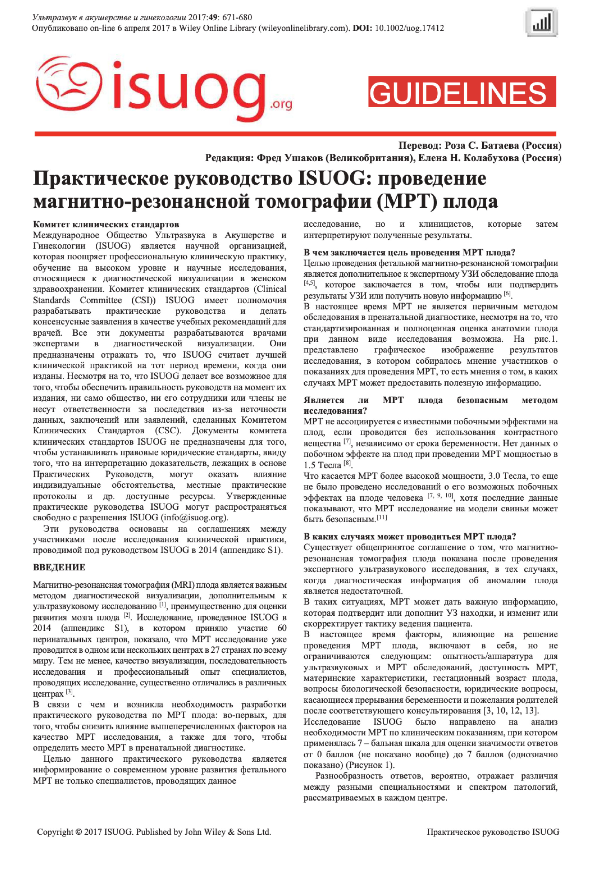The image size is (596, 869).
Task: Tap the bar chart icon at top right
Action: coord(541,22)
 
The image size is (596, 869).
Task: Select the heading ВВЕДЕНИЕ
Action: coord(59,567)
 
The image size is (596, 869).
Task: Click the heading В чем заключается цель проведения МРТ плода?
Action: coord(409,252)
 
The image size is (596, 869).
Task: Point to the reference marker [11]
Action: coord(382,518)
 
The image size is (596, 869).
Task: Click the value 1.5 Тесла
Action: coord(322,465)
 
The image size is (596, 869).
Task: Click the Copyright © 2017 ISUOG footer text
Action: coord(154,842)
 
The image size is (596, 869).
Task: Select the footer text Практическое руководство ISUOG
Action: coord(493,842)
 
